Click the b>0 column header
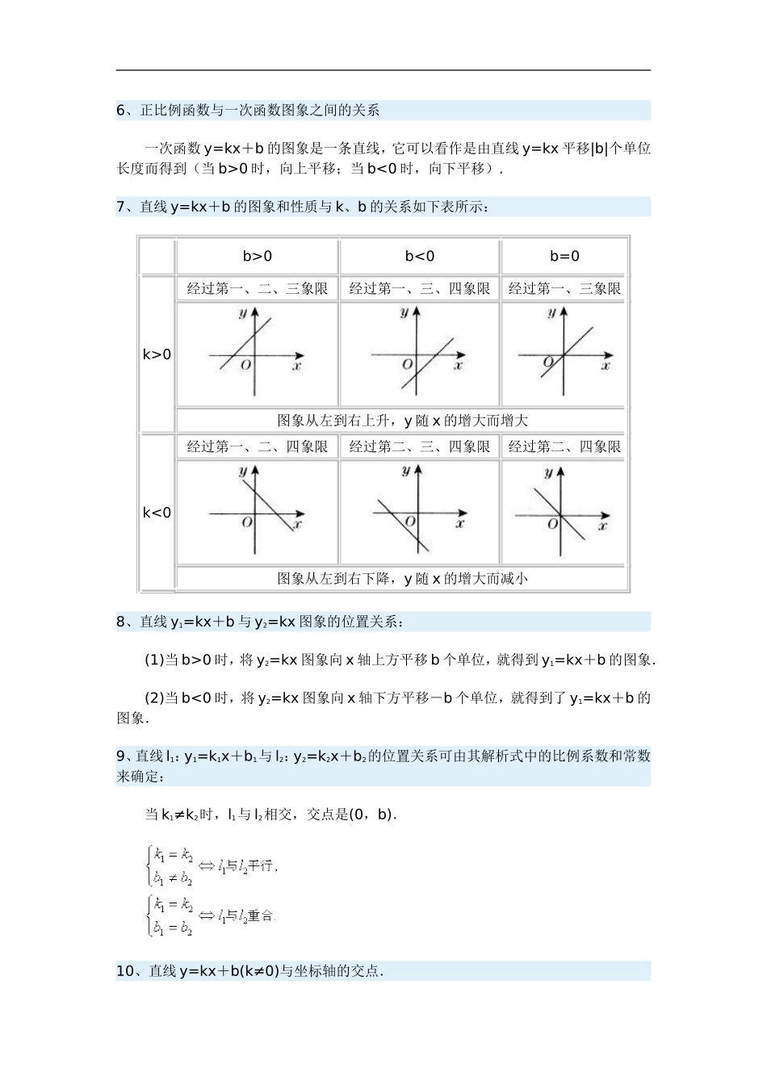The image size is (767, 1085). tap(257, 257)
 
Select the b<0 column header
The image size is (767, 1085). tap(419, 257)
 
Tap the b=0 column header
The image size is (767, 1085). tap(564, 257)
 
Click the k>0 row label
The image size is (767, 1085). tap(157, 354)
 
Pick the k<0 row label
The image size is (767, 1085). tap(157, 513)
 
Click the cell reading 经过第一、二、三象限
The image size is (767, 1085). tap(257, 289)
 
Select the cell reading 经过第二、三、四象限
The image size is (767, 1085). tap(419, 447)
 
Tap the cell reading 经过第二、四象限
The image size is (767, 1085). tap(564, 447)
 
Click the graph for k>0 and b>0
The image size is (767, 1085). tap(257, 354)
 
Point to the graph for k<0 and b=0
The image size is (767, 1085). tap(564, 512)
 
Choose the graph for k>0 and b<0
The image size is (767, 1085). tap(419, 354)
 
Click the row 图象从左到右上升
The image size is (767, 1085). tap(401, 421)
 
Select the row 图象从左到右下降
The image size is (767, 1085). tap(401, 579)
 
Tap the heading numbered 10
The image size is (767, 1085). tap(249, 971)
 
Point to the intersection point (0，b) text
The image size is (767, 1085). tap(372, 815)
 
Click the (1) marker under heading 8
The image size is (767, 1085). tap(153, 660)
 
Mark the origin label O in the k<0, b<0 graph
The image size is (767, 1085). tap(409, 522)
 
